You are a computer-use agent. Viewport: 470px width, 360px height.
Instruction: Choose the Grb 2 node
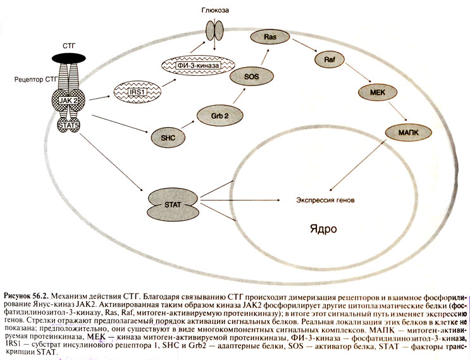click(214, 116)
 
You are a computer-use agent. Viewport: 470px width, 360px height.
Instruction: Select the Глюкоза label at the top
click(217, 11)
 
